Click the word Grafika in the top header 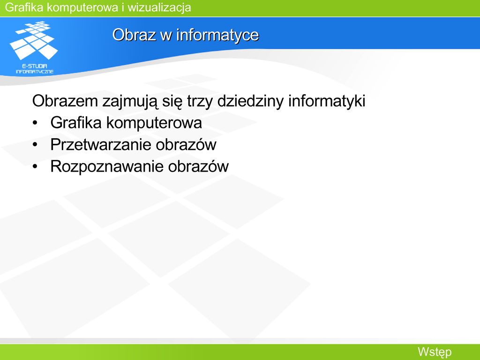pos(24,7)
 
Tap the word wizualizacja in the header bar pos(159,7)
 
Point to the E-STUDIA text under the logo pos(35,66)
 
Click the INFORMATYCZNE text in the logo pos(35,72)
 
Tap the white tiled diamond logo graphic pos(34,40)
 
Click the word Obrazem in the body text pos(65,101)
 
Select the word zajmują pos(130,101)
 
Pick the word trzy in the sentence pos(200,101)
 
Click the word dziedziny pos(250,101)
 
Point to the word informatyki pos(327,101)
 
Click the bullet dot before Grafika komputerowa pos(35,123)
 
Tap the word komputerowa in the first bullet pos(154,123)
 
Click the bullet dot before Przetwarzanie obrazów pos(35,145)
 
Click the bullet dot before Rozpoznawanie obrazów pos(35,167)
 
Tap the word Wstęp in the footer pos(435,352)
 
